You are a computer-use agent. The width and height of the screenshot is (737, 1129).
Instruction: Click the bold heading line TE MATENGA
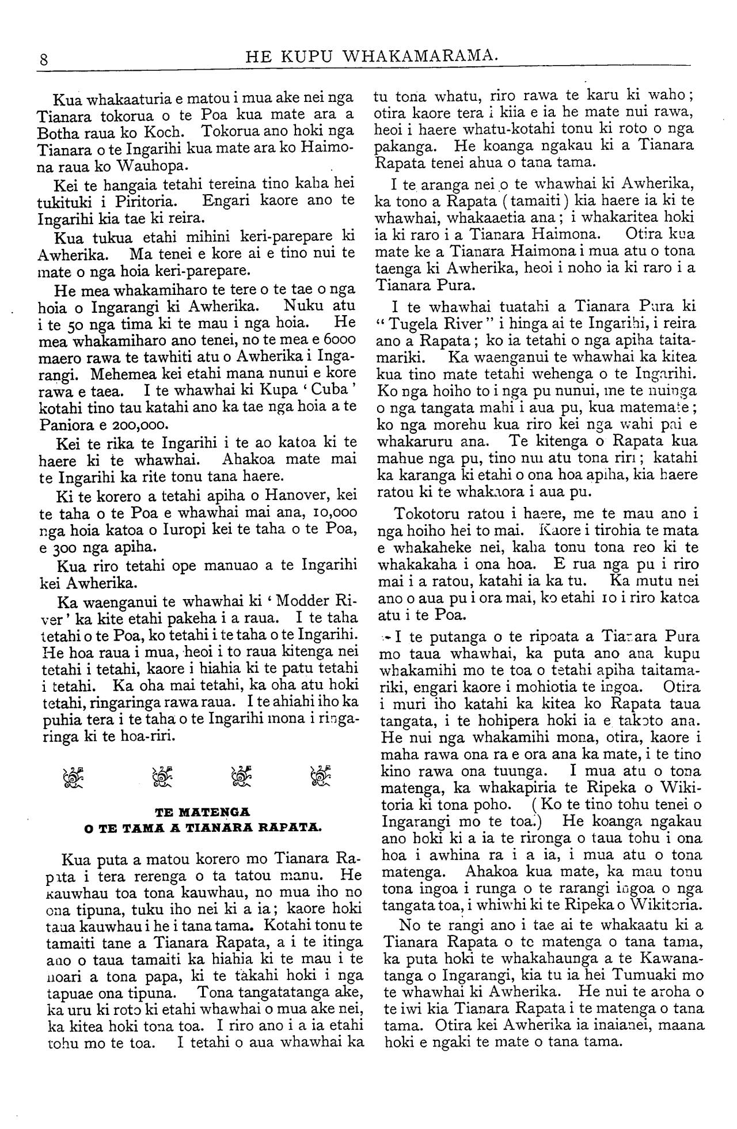point(202,813)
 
